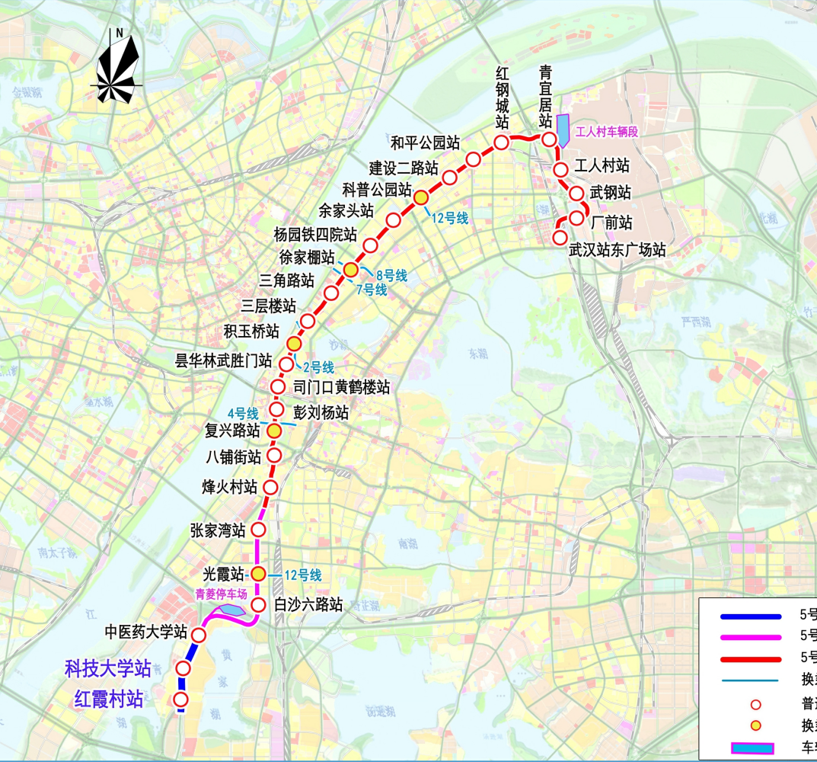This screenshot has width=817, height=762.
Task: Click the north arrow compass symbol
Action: [x=118, y=69]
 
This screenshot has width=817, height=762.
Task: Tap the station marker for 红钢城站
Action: [x=501, y=142]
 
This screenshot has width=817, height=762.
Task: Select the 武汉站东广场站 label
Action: [x=618, y=250]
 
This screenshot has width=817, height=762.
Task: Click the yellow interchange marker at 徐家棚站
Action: [x=350, y=270]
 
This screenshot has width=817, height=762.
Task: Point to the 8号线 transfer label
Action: [x=392, y=275]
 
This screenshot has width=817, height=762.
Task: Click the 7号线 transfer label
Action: [x=372, y=290]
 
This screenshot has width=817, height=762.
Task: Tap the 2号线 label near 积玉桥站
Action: [x=318, y=368]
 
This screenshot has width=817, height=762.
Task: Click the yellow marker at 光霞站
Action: [x=258, y=574]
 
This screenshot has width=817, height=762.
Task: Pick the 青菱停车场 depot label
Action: [x=222, y=594]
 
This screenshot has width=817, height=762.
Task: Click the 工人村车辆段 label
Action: [x=606, y=131]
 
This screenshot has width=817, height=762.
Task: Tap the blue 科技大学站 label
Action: [x=108, y=670]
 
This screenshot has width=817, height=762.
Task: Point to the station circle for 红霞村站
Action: [x=181, y=700]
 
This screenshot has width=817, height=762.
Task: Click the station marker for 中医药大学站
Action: [x=199, y=634]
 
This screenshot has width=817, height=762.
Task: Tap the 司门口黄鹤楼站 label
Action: [x=341, y=387]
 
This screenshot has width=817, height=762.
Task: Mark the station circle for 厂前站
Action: [x=577, y=219]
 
